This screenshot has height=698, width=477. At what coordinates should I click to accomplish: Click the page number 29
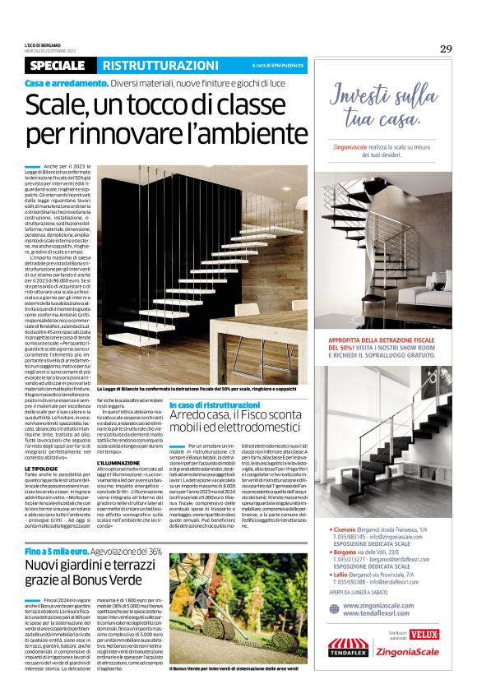[445, 49]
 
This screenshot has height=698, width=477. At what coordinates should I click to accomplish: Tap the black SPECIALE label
[57, 65]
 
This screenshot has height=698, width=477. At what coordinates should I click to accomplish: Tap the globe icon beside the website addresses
[333, 609]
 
